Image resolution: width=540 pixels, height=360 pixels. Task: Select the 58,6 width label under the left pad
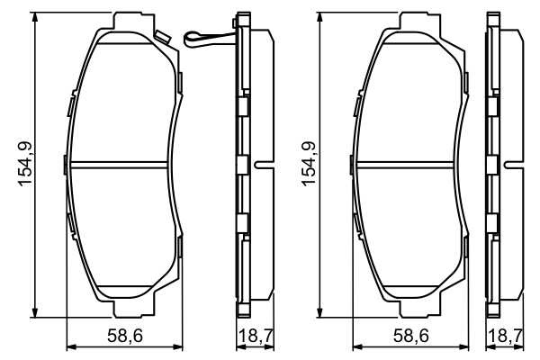click(125, 336)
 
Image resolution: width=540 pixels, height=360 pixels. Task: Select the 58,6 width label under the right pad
click(411, 336)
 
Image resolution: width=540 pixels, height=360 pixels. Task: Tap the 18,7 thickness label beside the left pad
click(256, 336)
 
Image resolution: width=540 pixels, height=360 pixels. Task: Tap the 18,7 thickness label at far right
click(505, 336)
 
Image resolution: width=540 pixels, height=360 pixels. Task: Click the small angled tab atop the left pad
click(162, 37)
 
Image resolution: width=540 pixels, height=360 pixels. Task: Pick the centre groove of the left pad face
click(119, 165)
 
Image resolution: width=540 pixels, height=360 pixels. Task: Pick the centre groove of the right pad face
click(405, 165)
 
